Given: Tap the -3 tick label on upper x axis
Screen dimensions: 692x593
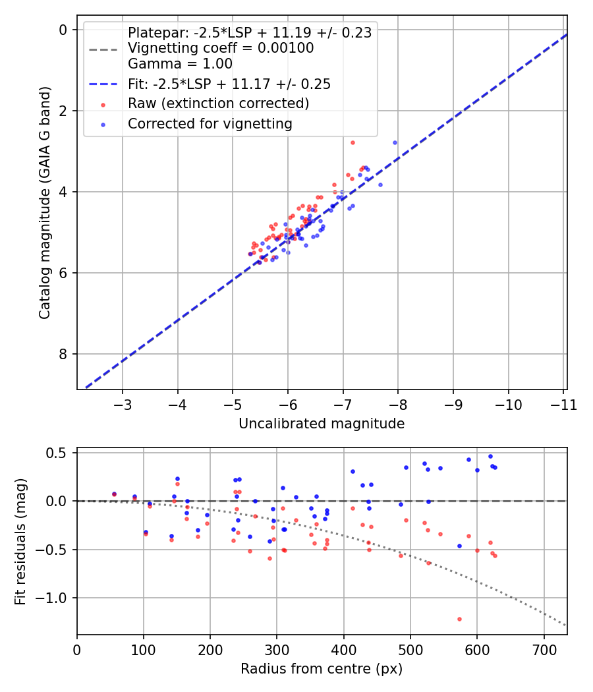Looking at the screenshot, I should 123,404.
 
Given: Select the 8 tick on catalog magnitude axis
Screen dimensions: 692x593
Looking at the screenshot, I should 63,355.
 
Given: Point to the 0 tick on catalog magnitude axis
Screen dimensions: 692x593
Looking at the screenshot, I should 63,30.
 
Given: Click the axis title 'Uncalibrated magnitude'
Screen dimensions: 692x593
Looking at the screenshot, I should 322,424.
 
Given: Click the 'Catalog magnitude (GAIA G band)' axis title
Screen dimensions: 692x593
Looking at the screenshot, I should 44,202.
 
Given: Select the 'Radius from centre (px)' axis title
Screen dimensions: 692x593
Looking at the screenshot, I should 322,670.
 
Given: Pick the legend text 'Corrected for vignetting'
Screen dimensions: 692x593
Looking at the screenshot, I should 210,123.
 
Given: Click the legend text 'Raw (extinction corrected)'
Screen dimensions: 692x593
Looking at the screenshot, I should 218,103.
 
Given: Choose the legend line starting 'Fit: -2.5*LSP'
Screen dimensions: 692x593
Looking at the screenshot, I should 229,84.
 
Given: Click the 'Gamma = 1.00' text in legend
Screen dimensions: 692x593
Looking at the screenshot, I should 180,64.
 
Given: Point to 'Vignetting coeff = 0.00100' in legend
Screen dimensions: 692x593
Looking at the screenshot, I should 221,48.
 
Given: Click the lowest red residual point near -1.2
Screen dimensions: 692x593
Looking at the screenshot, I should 459,619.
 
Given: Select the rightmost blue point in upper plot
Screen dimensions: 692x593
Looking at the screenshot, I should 395,142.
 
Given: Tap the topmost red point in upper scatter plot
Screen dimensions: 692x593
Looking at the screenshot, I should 353,142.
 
